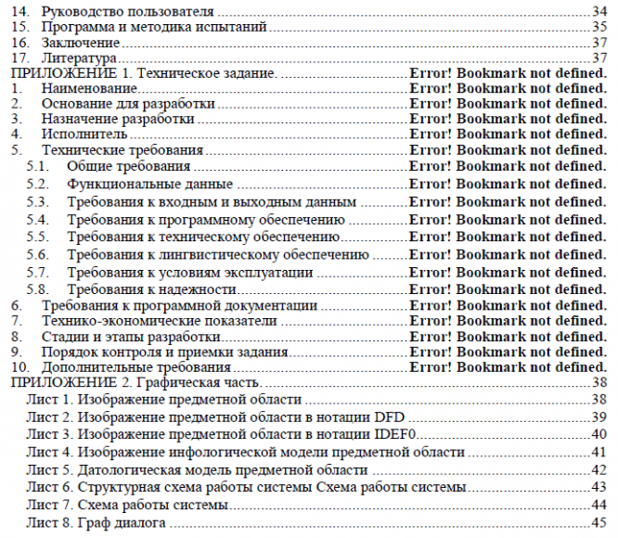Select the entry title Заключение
(x=71, y=44)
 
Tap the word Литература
(x=70, y=58)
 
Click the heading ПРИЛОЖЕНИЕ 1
(x=57, y=73)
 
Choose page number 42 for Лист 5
(x=598, y=469)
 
